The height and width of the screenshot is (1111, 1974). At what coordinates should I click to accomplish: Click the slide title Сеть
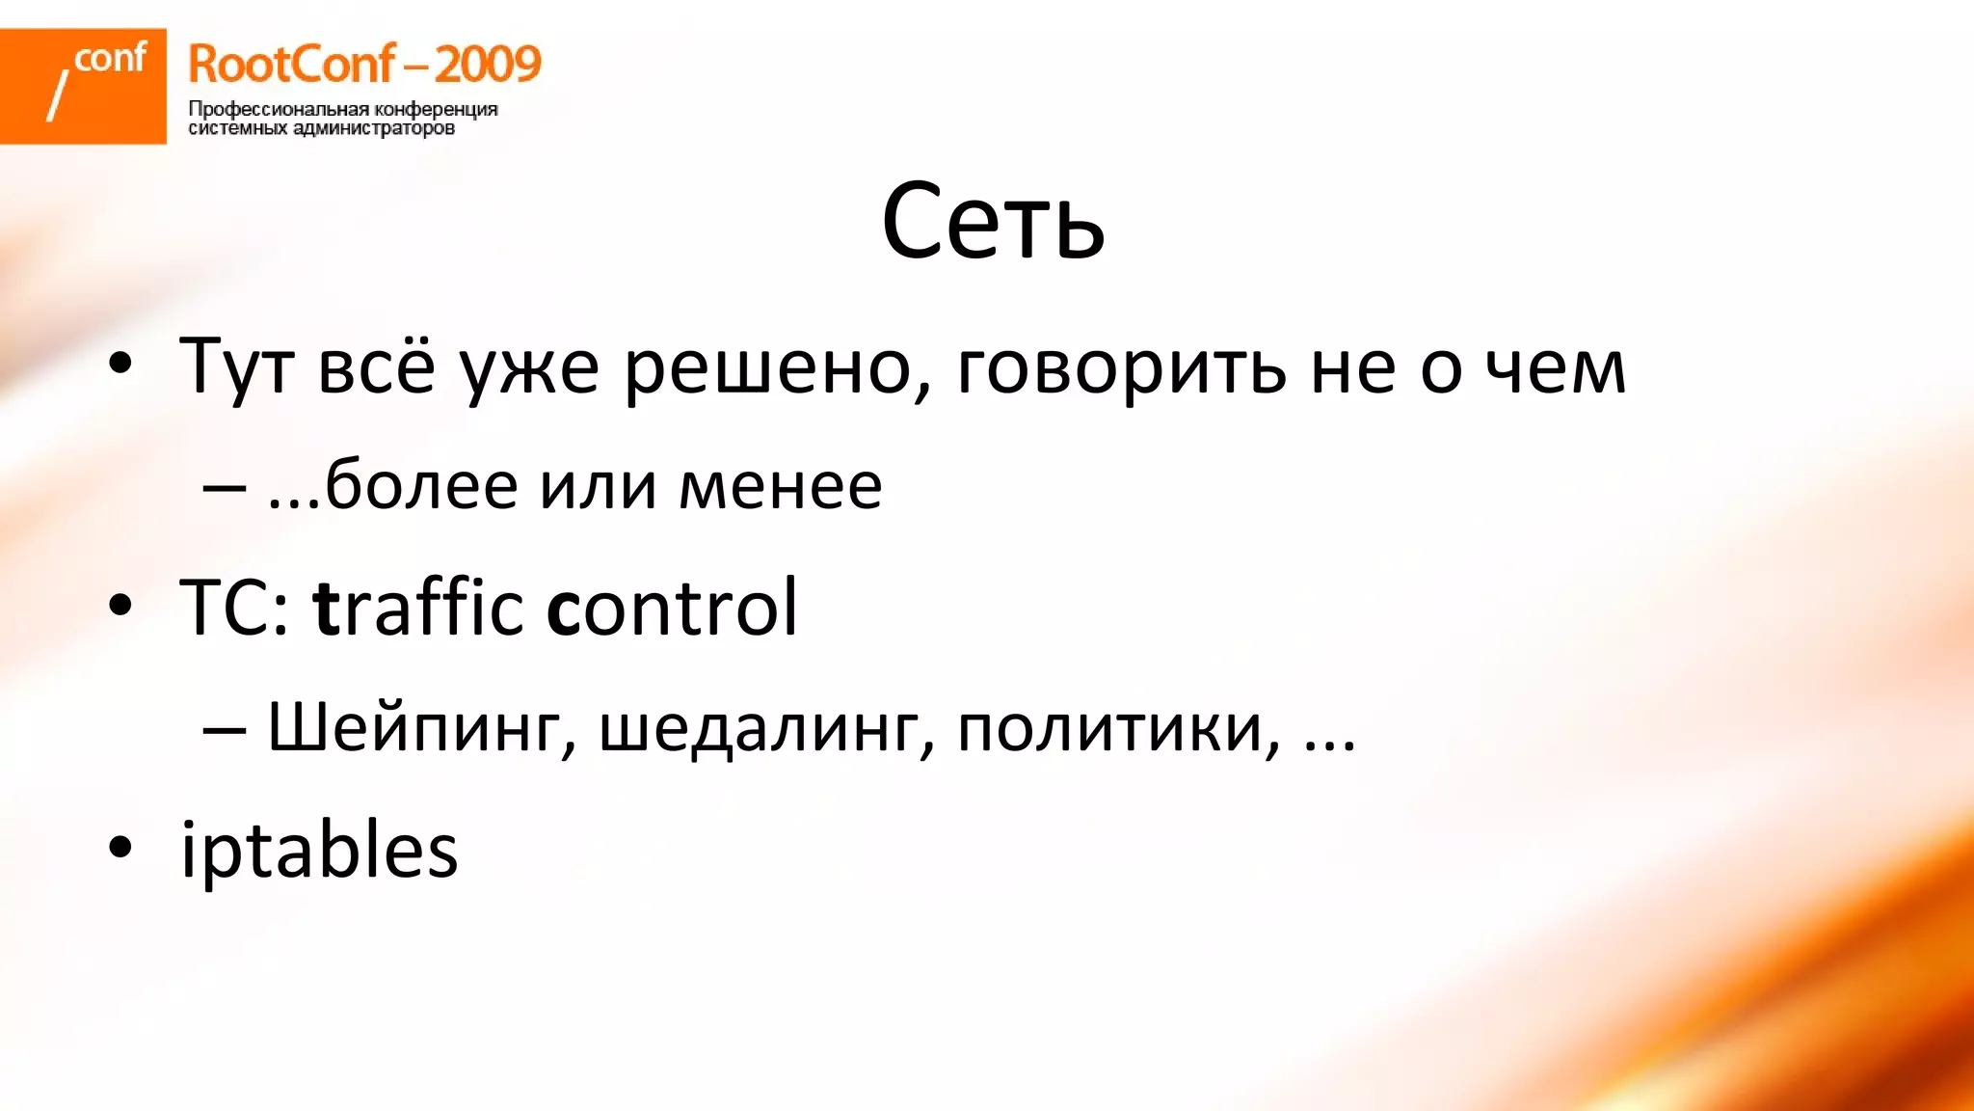(992, 222)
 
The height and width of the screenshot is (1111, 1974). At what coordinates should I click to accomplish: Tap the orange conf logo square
(83, 86)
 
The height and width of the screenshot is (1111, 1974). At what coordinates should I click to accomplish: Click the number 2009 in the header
(488, 64)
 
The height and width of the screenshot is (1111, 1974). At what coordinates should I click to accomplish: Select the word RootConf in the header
(291, 64)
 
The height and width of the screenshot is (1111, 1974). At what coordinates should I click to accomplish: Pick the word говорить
(1121, 367)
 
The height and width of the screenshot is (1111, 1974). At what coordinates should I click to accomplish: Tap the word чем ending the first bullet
(1555, 367)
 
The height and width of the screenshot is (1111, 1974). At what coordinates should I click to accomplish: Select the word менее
(780, 485)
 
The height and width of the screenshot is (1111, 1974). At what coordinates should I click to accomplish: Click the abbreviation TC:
(234, 608)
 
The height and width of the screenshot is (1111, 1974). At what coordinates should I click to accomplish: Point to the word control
(672, 608)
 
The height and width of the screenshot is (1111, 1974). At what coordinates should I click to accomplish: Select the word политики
(1118, 729)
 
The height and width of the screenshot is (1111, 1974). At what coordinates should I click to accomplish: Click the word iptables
(319, 851)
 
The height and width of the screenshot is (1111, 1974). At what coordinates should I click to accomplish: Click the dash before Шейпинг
(224, 729)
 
